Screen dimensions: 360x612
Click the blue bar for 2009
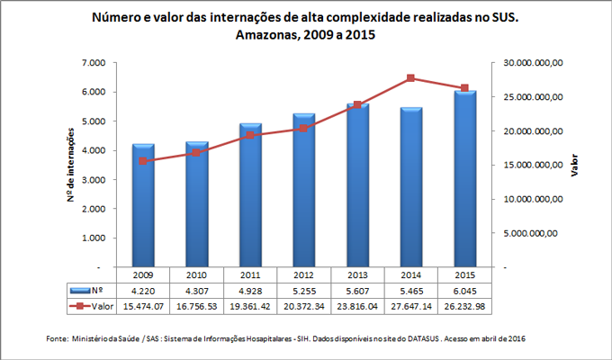tap(142, 206)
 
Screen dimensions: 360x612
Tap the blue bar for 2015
tap(465, 179)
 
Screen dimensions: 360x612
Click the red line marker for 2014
tap(411, 78)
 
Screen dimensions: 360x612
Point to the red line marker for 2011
tap(250, 135)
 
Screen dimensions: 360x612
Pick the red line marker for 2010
tap(196, 153)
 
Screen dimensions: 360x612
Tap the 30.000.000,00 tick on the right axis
tap(532, 63)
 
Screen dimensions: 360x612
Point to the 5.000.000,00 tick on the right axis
tap(534, 234)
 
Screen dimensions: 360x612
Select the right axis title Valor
tap(574, 165)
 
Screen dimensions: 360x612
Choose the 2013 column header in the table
tap(358, 275)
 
